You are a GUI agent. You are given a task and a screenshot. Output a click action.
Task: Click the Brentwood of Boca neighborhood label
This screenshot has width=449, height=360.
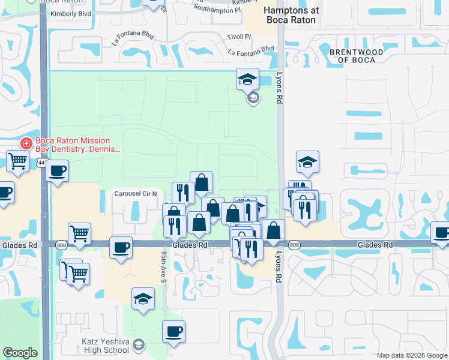click(356, 56)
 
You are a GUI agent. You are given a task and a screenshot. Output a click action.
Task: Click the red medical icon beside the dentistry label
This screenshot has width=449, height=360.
click(26, 143)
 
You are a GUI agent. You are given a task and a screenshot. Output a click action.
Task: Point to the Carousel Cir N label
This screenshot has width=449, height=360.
click(136, 194)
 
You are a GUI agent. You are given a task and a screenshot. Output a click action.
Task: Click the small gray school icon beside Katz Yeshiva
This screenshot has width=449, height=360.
click(139, 344)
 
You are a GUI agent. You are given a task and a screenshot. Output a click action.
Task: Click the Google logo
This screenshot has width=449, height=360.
click(20, 353)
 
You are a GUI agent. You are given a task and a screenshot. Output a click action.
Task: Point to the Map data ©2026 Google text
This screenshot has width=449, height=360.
click(411, 355)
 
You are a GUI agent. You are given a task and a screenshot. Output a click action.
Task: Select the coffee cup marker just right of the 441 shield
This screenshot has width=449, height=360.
click(58, 170)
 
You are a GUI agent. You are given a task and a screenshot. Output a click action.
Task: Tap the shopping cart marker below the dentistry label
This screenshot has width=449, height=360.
click(17, 160)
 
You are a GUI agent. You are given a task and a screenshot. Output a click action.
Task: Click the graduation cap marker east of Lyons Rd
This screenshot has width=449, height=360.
click(307, 161)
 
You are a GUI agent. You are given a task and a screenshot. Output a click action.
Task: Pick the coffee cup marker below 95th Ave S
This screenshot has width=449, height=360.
click(173, 331)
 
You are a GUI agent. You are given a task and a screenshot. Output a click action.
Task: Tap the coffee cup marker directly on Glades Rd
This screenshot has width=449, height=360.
click(121, 247)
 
